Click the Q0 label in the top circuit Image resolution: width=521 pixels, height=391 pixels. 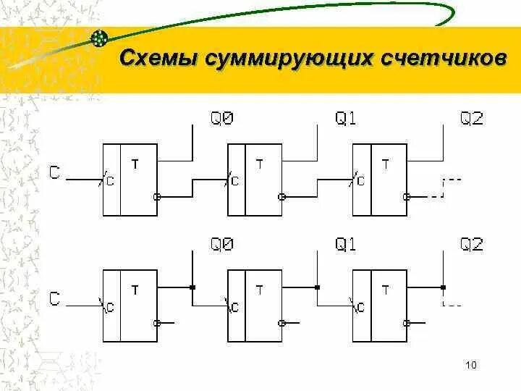tap(221, 119)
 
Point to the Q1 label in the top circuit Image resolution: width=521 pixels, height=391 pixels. tap(346, 119)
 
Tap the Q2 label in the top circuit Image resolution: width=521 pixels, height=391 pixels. tap(472, 119)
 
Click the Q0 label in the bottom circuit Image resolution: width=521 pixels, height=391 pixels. tap(221, 245)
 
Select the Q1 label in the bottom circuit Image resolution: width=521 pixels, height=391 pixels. tap(346, 245)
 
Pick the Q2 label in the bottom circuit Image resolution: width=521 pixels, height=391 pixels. tap(472, 245)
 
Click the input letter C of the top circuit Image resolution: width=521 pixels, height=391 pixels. tap(55, 172)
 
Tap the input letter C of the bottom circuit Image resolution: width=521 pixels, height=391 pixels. tap(55, 297)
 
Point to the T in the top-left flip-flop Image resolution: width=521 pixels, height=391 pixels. tap(135, 165)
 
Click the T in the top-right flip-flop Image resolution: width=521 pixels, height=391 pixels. tap(384, 165)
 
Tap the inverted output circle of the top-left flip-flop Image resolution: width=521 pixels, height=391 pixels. tap(157, 196)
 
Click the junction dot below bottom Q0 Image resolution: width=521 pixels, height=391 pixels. tap(192, 287)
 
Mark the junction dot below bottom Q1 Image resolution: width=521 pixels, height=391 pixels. tap(317, 287)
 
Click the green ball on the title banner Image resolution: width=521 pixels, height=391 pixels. tap(100, 38)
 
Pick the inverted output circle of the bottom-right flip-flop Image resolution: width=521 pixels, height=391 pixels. tap(407, 321)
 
